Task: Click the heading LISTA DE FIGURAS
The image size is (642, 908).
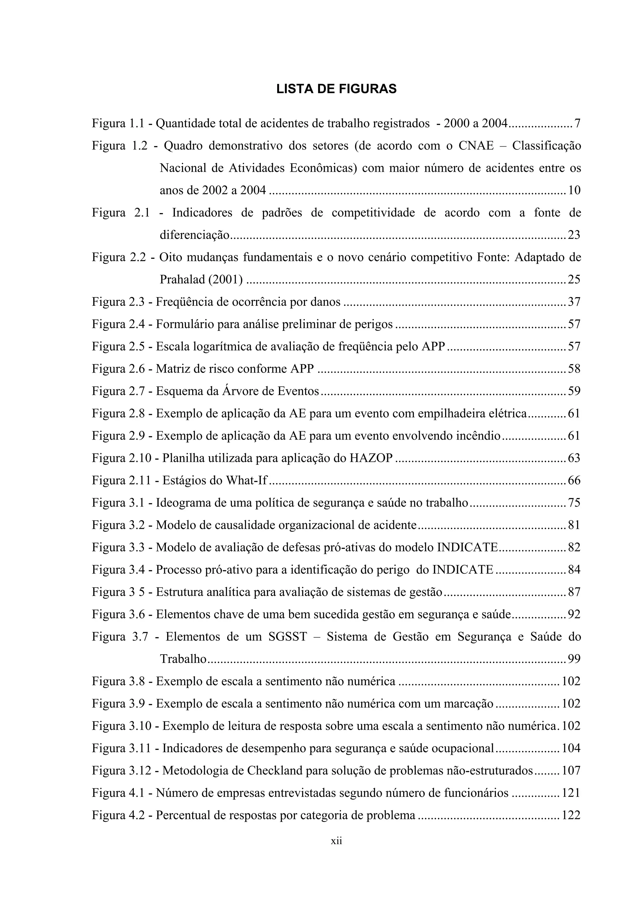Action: point(336,89)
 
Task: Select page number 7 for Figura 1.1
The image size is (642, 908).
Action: point(577,124)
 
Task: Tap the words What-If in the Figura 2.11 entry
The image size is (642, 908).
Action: point(246,481)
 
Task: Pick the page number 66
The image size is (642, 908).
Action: point(574,481)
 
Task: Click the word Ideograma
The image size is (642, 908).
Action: point(183,503)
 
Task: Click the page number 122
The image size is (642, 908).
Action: point(571,816)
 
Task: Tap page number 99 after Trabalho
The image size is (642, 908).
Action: point(574,659)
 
